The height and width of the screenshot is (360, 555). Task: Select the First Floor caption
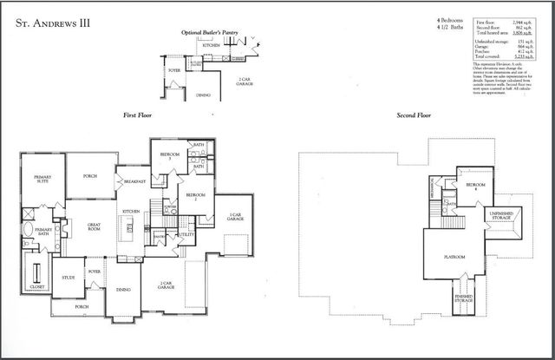pyautogui.click(x=138, y=115)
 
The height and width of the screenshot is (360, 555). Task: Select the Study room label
pyautogui.click(x=69, y=278)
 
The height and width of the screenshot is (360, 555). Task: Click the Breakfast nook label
pyautogui.click(x=134, y=181)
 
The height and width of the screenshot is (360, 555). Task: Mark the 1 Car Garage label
pyautogui.click(x=235, y=216)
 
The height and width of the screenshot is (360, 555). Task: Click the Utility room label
pyautogui.click(x=186, y=234)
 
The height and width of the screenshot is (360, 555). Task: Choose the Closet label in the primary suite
pyautogui.click(x=36, y=285)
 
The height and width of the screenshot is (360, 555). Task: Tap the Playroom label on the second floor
pyautogui.click(x=454, y=257)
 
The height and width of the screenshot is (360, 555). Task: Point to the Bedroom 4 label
pyautogui.click(x=474, y=186)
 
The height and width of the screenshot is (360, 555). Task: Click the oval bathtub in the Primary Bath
pyautogui.click(x=28, y=232)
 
